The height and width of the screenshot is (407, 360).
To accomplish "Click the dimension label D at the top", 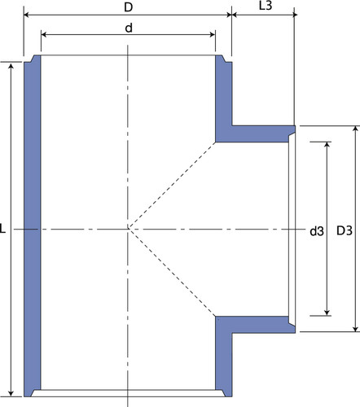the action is click(128, 7).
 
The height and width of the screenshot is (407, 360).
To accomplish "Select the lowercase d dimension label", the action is click(129, 28).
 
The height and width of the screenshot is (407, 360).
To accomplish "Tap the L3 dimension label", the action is click(266, 6).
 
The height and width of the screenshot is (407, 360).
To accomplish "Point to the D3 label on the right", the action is click(345, 230).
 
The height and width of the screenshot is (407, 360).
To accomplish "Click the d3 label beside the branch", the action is click(317, 231).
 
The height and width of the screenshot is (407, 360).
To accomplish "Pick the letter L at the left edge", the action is click(2, 228).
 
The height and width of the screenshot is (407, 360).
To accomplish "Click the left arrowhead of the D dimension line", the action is click(27, 15).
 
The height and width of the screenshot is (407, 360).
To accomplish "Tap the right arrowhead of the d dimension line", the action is click(213, 35).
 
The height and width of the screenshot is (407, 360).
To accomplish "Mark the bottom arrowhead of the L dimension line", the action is click(11, 393).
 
